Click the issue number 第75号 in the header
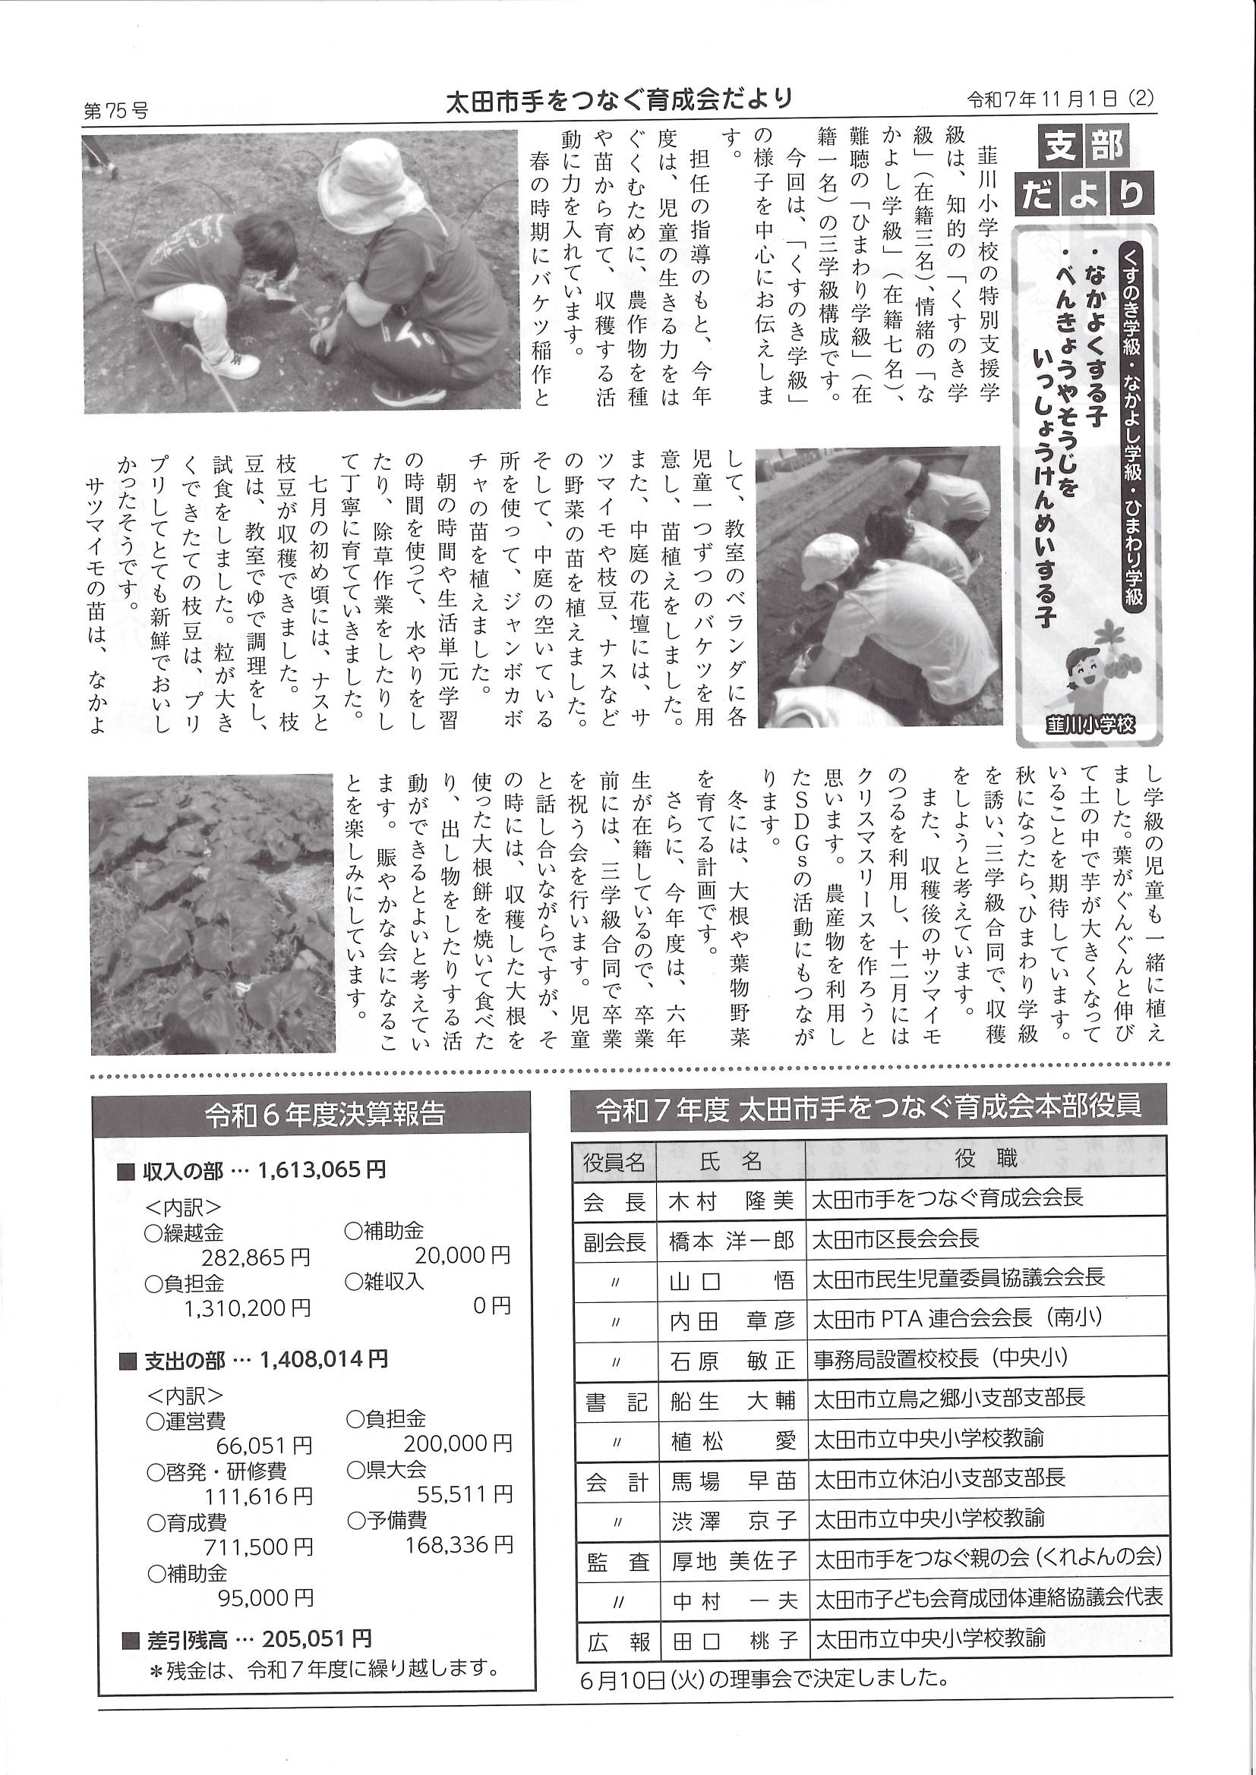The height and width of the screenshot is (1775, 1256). pos(115,112)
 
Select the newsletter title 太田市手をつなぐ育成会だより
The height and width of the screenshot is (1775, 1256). pos(620,99)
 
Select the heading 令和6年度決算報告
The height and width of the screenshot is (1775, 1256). pos(325,1115)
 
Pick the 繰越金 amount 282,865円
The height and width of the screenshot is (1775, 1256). pos(256,1257)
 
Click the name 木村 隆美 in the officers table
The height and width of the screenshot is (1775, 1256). pos(730,1201)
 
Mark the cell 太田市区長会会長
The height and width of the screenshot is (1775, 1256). pos(895,1240)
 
